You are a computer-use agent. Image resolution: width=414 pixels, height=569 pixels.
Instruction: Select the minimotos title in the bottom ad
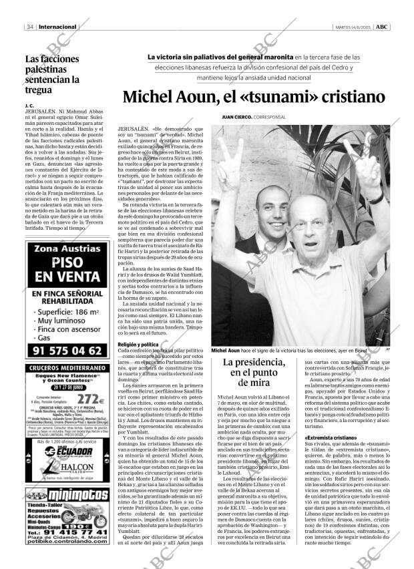(x=75, y=498)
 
